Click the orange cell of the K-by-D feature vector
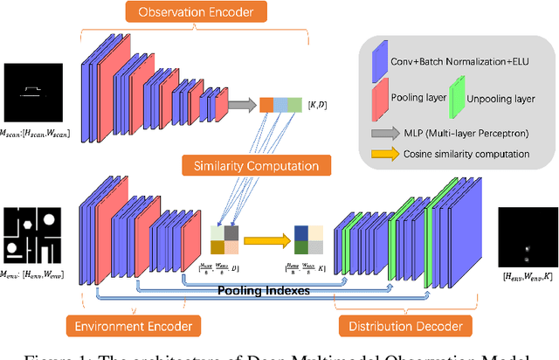[x=266, y=105]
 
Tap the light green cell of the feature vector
[x=295, y=105]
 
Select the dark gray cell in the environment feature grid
[x=230, y=232]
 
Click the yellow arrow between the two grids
[x=263, y=239]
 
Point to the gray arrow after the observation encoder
[x=240, y=105]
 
